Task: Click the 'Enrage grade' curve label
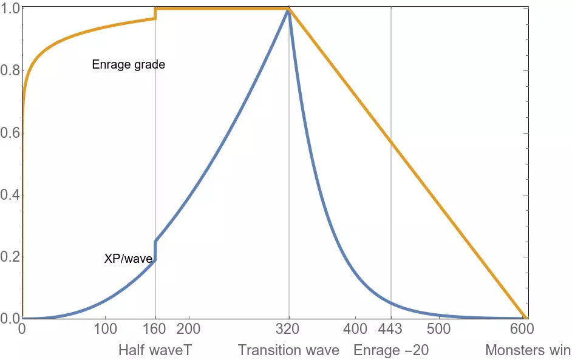(x=128, y=64)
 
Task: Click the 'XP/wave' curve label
(x=128, y=259)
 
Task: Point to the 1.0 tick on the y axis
(x=10, y=8)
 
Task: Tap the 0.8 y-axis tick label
(x=10, y=70)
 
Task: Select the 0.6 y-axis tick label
(x=10, y=132)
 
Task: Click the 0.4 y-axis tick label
(x=10, y=194)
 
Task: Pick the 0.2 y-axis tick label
(x=10, y=257)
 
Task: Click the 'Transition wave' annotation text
(x=288, y=350)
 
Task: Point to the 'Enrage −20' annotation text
(x=391, y=350)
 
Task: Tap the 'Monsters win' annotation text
(x=528, y=350)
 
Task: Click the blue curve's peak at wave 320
(x=288, y=10)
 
